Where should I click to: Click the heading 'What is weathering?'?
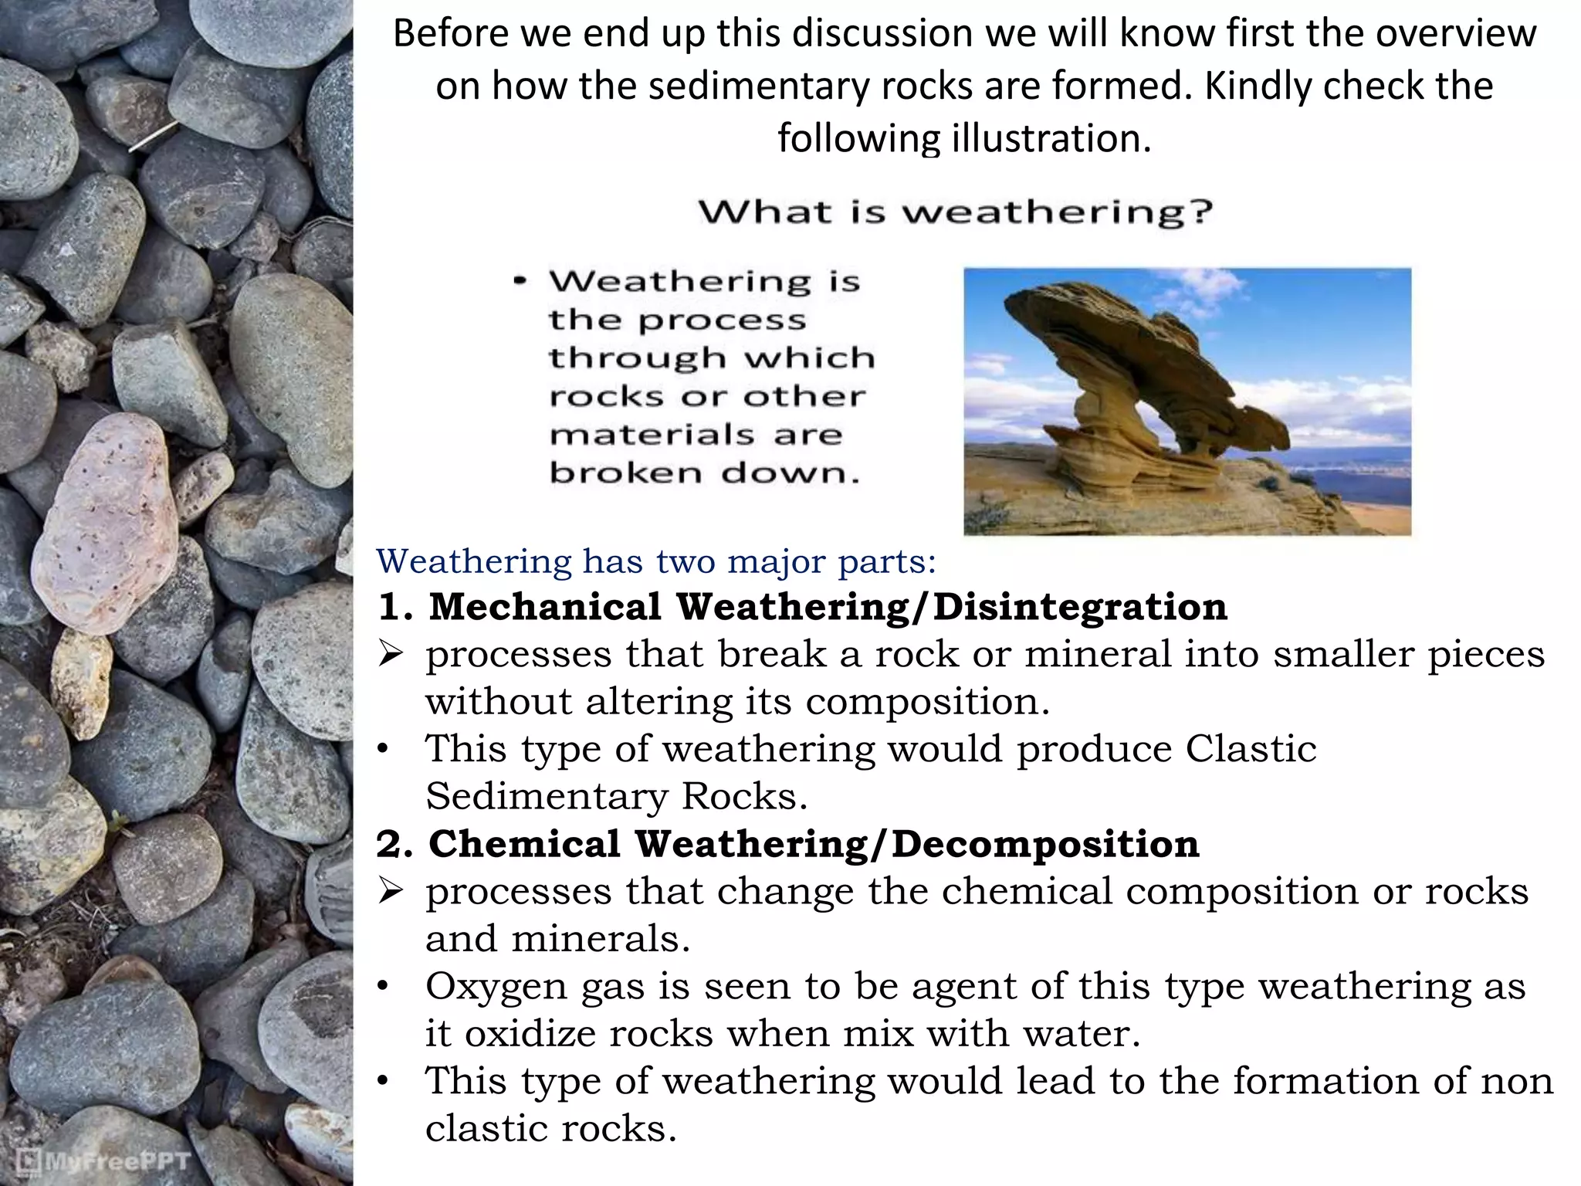coord(956,212)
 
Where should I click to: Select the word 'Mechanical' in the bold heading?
coord(545,607)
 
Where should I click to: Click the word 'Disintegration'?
coord(1080,607)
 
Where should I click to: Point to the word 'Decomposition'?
coord(1045,844)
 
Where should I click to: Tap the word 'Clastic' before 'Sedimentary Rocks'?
coord(1251,749)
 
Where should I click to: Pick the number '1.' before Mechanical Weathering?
coord(394,608)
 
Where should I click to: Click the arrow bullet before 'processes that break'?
coord(391,656)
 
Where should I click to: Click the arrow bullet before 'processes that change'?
coord(391,893)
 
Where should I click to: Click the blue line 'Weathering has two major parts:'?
coord(656,561)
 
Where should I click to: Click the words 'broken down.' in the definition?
coord(704,473)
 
